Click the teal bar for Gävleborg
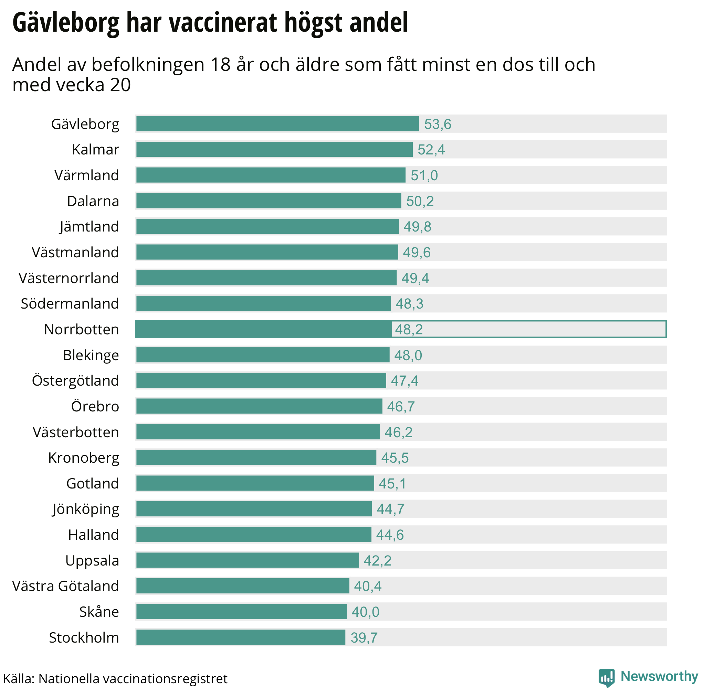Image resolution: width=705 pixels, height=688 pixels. (277, 124)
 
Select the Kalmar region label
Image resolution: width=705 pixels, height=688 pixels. (95, 150)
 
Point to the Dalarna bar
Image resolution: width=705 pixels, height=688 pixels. (269, 201)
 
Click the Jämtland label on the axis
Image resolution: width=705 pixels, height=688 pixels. (89, 227)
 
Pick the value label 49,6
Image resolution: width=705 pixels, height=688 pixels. (417, 252)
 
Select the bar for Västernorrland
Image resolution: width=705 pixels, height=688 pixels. (266, 278)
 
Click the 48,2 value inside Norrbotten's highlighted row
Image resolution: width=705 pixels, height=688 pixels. (409, 330)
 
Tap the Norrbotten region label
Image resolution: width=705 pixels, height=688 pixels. (81, 330)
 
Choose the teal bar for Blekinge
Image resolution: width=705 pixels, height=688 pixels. (263, 355)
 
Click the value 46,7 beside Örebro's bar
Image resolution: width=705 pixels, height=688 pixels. (401, 407)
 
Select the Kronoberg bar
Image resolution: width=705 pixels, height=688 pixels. (256, 458)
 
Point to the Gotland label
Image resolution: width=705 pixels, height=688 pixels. (93, 483)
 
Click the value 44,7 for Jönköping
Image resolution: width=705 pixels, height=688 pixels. (390, 509)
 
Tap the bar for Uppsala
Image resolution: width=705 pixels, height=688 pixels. (248, 560)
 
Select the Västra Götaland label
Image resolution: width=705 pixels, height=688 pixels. (65, 586)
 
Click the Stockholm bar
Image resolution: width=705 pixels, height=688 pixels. (241, 637)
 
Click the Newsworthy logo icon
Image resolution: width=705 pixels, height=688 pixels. (606, 677)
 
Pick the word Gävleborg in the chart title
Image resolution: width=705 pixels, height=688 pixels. (66, 22)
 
